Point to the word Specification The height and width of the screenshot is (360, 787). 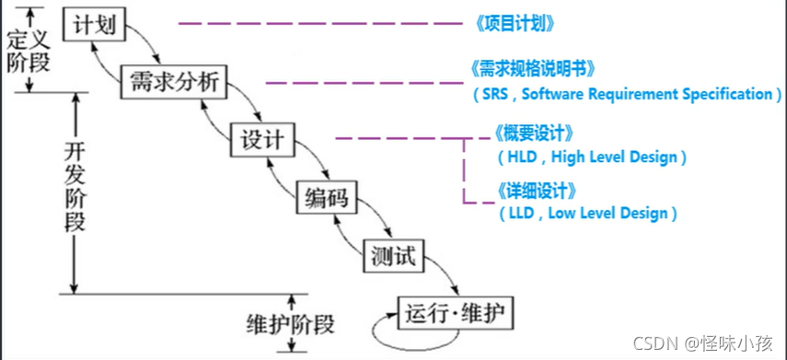click(726, 94)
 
